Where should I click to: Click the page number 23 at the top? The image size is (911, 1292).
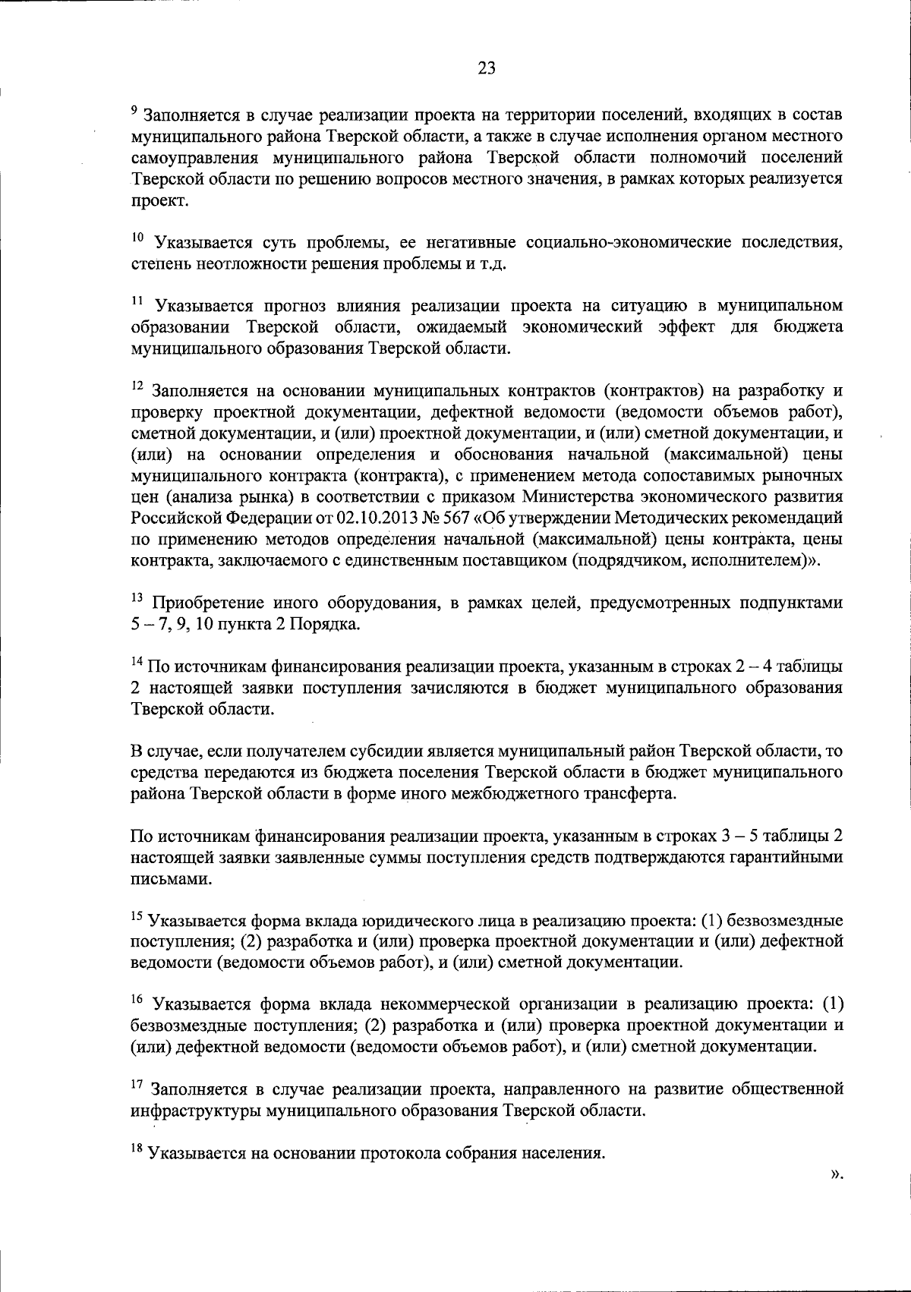487,69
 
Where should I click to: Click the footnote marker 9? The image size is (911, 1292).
134,111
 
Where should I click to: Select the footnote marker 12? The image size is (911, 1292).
136,387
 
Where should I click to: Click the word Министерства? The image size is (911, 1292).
576,497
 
